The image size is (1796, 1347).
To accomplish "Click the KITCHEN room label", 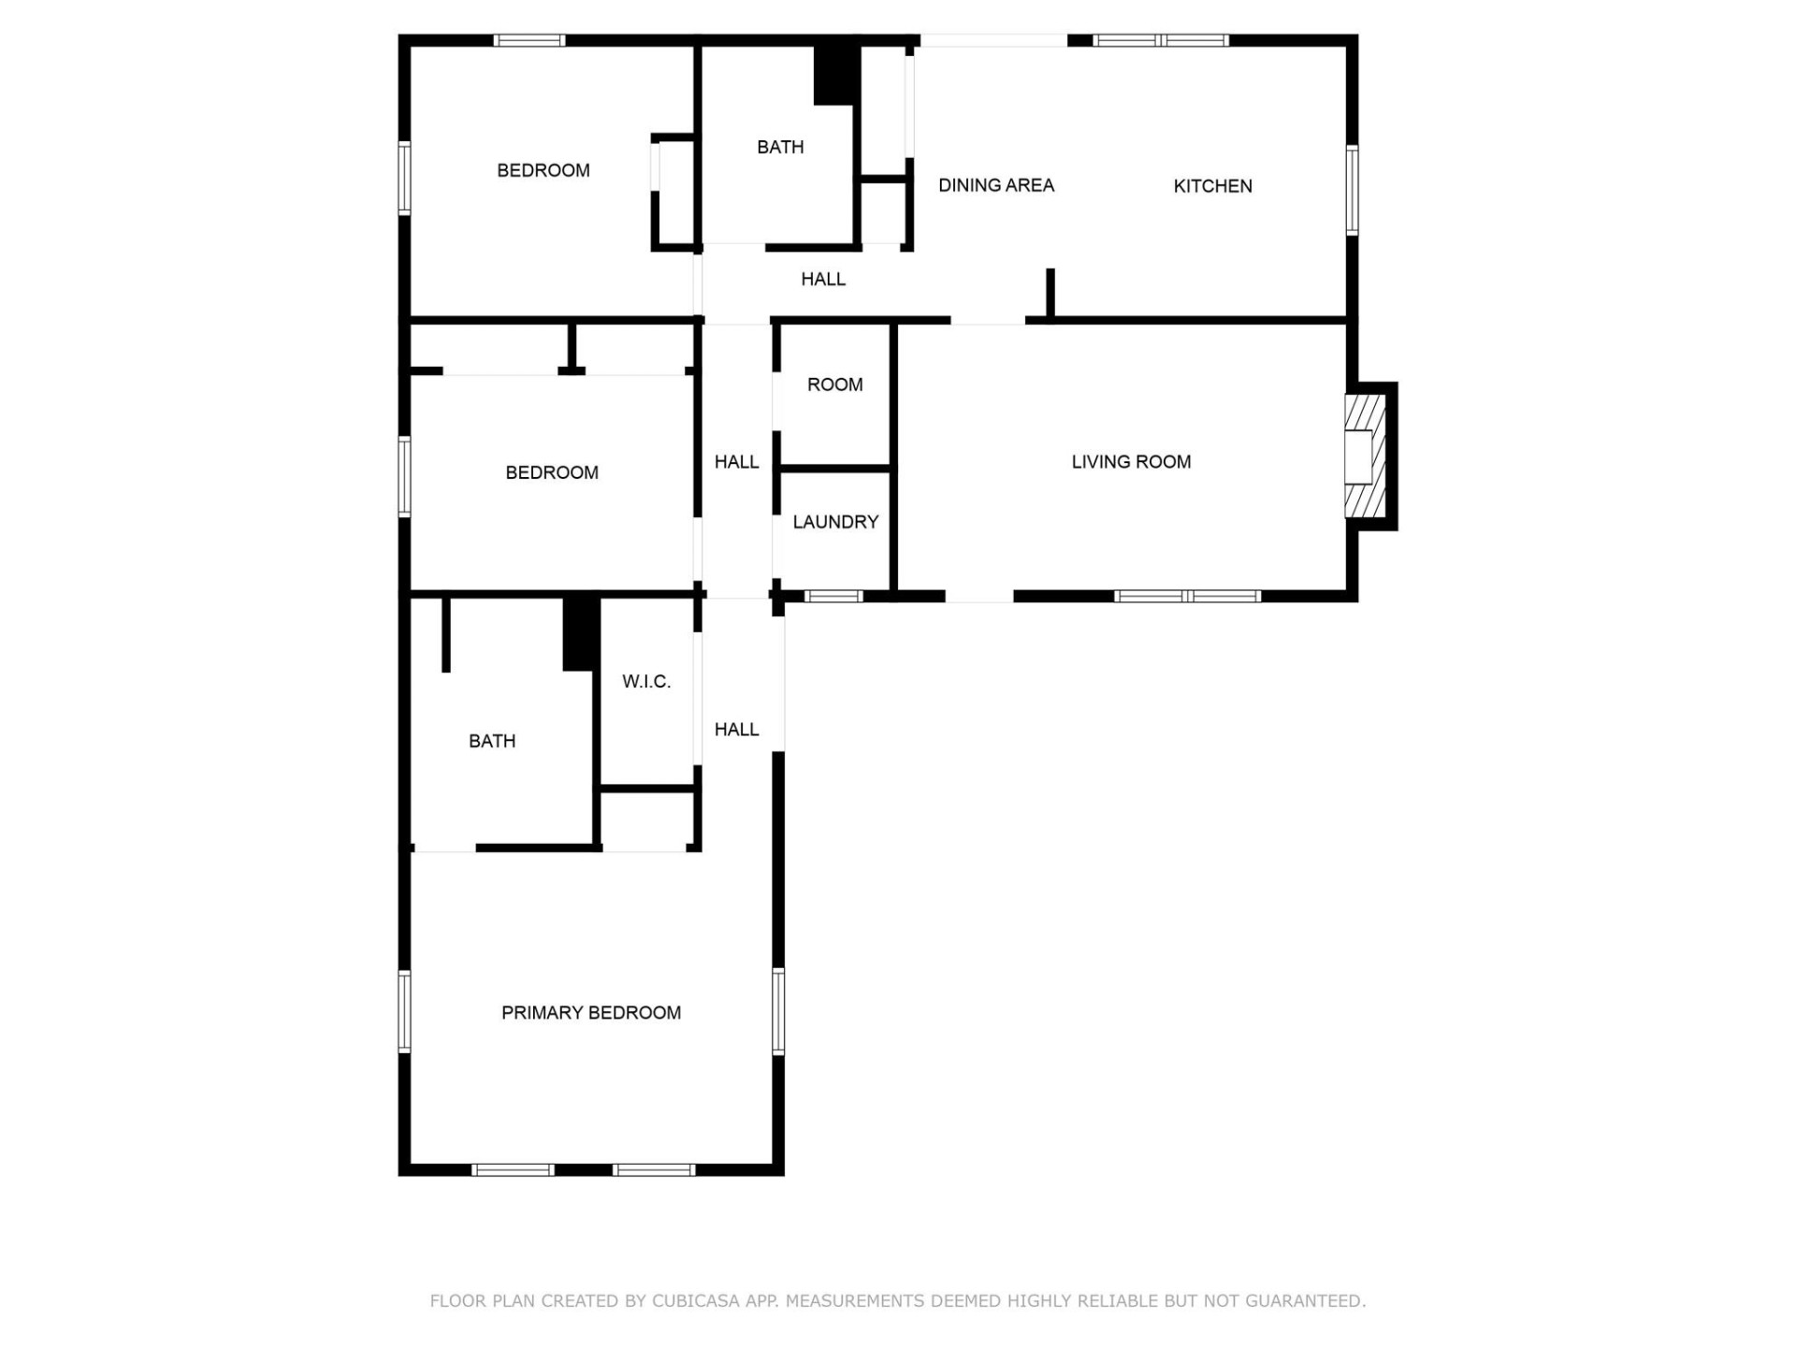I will click(1212, 186).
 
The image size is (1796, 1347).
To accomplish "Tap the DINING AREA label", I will click(996, 185).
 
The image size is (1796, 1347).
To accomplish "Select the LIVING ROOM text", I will click(1131, 461).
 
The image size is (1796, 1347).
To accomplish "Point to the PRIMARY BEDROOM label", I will click(591, 1012).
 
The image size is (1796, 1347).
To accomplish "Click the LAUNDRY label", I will click(835, 522).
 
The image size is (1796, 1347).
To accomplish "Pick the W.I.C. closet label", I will click(646, 681).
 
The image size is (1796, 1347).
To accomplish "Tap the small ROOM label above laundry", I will click(834, 384).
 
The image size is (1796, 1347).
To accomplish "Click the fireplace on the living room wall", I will click(1364, 456).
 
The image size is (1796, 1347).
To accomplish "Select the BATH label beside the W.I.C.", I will click(492, 741).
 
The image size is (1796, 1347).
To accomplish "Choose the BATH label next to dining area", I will click(780, 147).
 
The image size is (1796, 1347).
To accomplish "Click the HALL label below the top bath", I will click(823, 279).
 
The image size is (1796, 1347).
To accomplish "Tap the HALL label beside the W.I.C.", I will click(737, 730).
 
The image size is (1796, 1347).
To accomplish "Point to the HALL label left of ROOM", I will click(737, 461).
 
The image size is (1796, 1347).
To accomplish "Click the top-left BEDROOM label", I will click(543, 170).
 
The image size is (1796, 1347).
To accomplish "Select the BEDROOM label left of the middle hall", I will click(552, 472).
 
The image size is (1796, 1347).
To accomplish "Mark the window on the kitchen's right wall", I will click(1352, 190).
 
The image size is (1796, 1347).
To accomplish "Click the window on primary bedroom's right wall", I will click(778, 1012).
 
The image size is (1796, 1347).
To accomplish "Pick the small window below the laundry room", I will click(833, 596).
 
